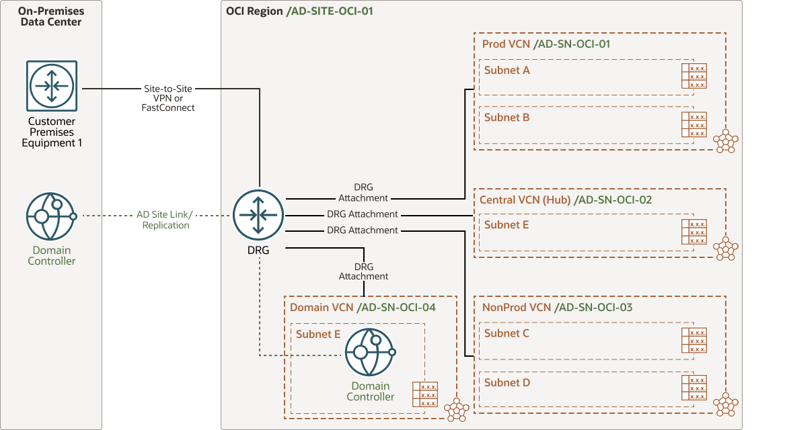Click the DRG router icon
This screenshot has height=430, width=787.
pos(259,215)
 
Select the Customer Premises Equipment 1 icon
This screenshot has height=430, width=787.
pos(52,85)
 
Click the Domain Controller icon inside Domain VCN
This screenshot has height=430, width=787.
pos(370,352)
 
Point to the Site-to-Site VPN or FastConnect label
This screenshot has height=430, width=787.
pos(168,97)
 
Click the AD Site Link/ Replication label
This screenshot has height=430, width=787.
pos(165,220)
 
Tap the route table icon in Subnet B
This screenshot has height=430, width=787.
pos(694,125)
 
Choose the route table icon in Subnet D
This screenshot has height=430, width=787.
pos(694,388)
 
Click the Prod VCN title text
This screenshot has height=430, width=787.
pos(506,44)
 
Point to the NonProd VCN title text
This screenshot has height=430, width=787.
pos(516,308)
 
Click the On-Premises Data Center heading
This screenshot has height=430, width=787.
pos(50,17)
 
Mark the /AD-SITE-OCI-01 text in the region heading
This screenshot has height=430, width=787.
pos(330,11)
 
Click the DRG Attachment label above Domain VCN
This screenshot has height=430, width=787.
pos(363,271)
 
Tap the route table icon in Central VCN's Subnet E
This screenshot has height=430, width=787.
pos(694,232)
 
